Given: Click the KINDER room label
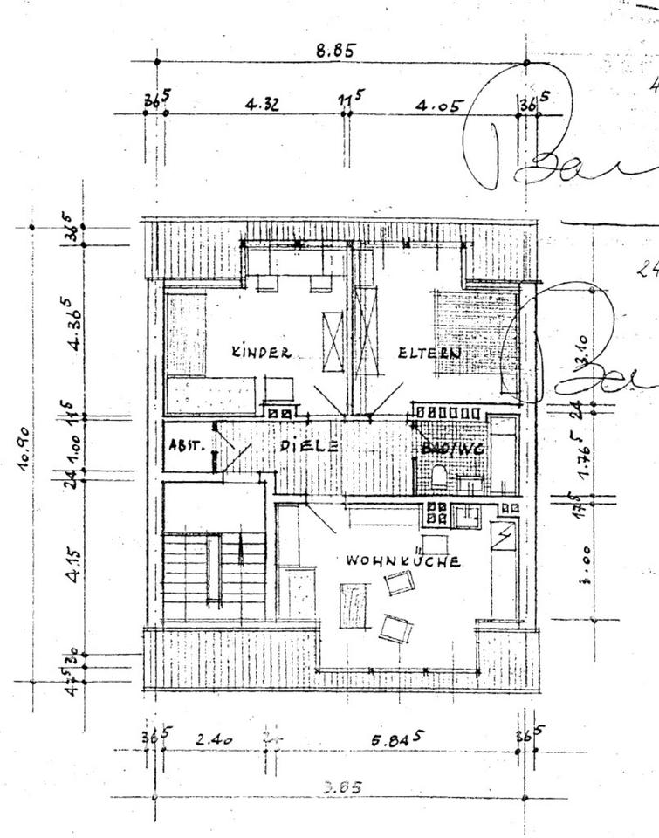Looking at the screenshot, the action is pyautogui.click(x=260, y=353).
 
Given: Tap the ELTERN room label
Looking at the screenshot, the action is pyautogui.click(x=429, y=354).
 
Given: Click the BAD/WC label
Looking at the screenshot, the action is pyautogui.click(x=453, y=448).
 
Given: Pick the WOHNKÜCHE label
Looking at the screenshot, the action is pyautogui.click(x=403, y=561).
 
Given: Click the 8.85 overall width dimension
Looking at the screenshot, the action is pyautogui.click(x=335, y=51).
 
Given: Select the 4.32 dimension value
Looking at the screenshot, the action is pyautogui.click(x=262, y=106).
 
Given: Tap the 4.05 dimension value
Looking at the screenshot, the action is pyautogui.click(x=437, y=106).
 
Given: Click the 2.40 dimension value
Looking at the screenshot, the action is pyautogui.click(x=213, y=739).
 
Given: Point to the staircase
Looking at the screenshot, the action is pyautogui.click(x=212, y=572).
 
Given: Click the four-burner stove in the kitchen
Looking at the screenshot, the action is pyautogui.click(x=436, y=512).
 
